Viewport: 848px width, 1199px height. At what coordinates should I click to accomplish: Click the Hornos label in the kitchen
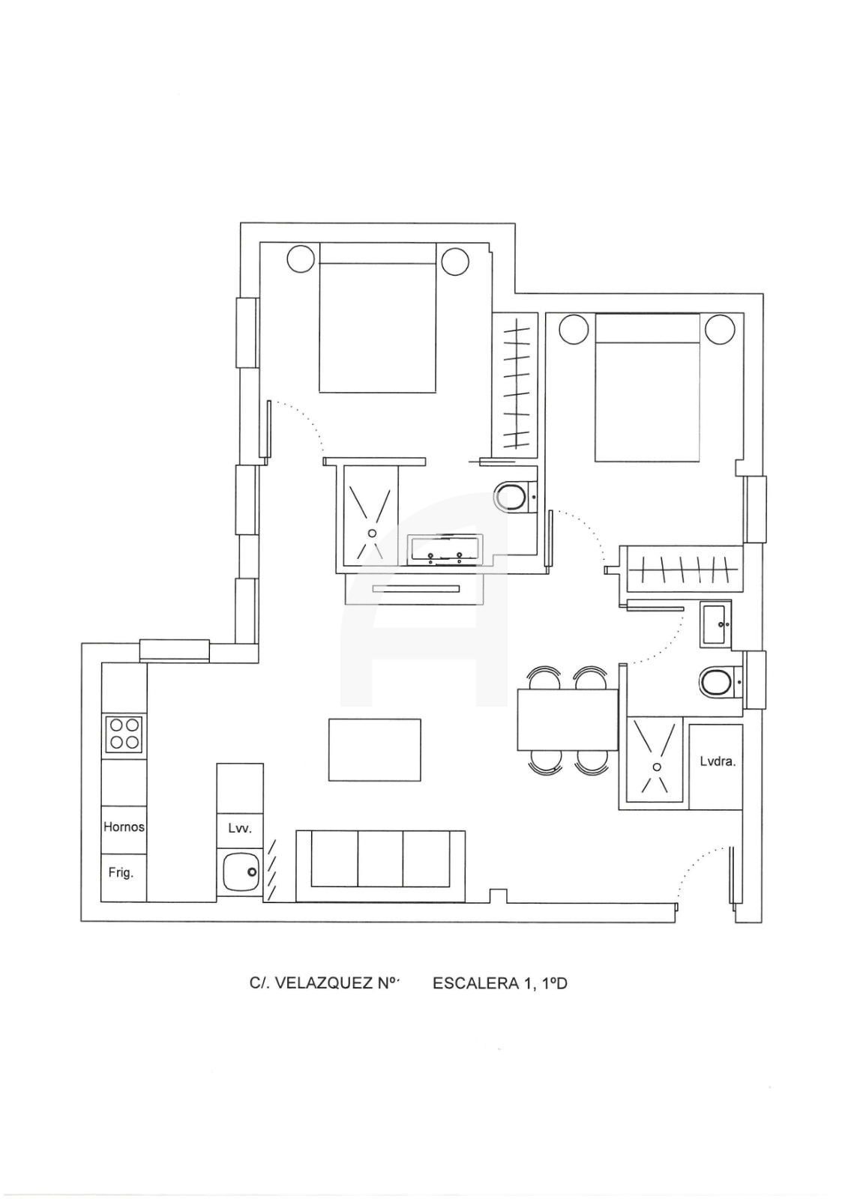pos(124,827)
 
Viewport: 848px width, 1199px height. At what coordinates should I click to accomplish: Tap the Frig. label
pos(121,872)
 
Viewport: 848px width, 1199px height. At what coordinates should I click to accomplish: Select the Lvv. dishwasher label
pos(239,828)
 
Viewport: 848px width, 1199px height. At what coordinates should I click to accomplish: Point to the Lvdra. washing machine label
pos(718,761)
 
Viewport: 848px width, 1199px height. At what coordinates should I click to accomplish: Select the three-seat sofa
pos(380,866)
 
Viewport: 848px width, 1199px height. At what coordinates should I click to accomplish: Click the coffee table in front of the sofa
pos(374,750)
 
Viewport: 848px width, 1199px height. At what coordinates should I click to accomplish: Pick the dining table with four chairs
pos(568,719)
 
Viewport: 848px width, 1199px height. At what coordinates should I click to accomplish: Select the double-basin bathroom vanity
pos(445,549)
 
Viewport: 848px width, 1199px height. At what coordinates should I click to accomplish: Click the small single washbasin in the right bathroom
pos(716,624)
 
